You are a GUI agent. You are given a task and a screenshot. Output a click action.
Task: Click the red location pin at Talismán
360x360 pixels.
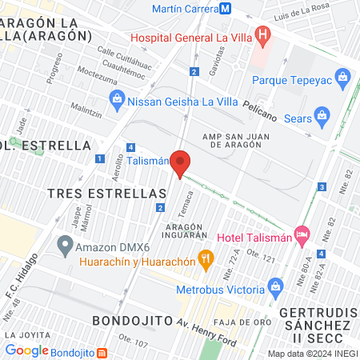point(181,163)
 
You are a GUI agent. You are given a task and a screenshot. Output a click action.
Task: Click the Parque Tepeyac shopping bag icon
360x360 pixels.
point(342,79)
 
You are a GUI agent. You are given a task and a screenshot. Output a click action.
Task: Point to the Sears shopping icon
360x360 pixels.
point(322,114)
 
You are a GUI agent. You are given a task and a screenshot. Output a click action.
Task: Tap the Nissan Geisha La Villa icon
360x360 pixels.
point(116,100)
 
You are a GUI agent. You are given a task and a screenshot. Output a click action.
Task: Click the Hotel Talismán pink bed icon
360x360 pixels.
point(302,236)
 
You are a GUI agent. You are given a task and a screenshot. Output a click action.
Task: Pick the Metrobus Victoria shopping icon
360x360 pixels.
point(276,286)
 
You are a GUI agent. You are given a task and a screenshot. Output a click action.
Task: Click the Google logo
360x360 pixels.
point(27,350)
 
